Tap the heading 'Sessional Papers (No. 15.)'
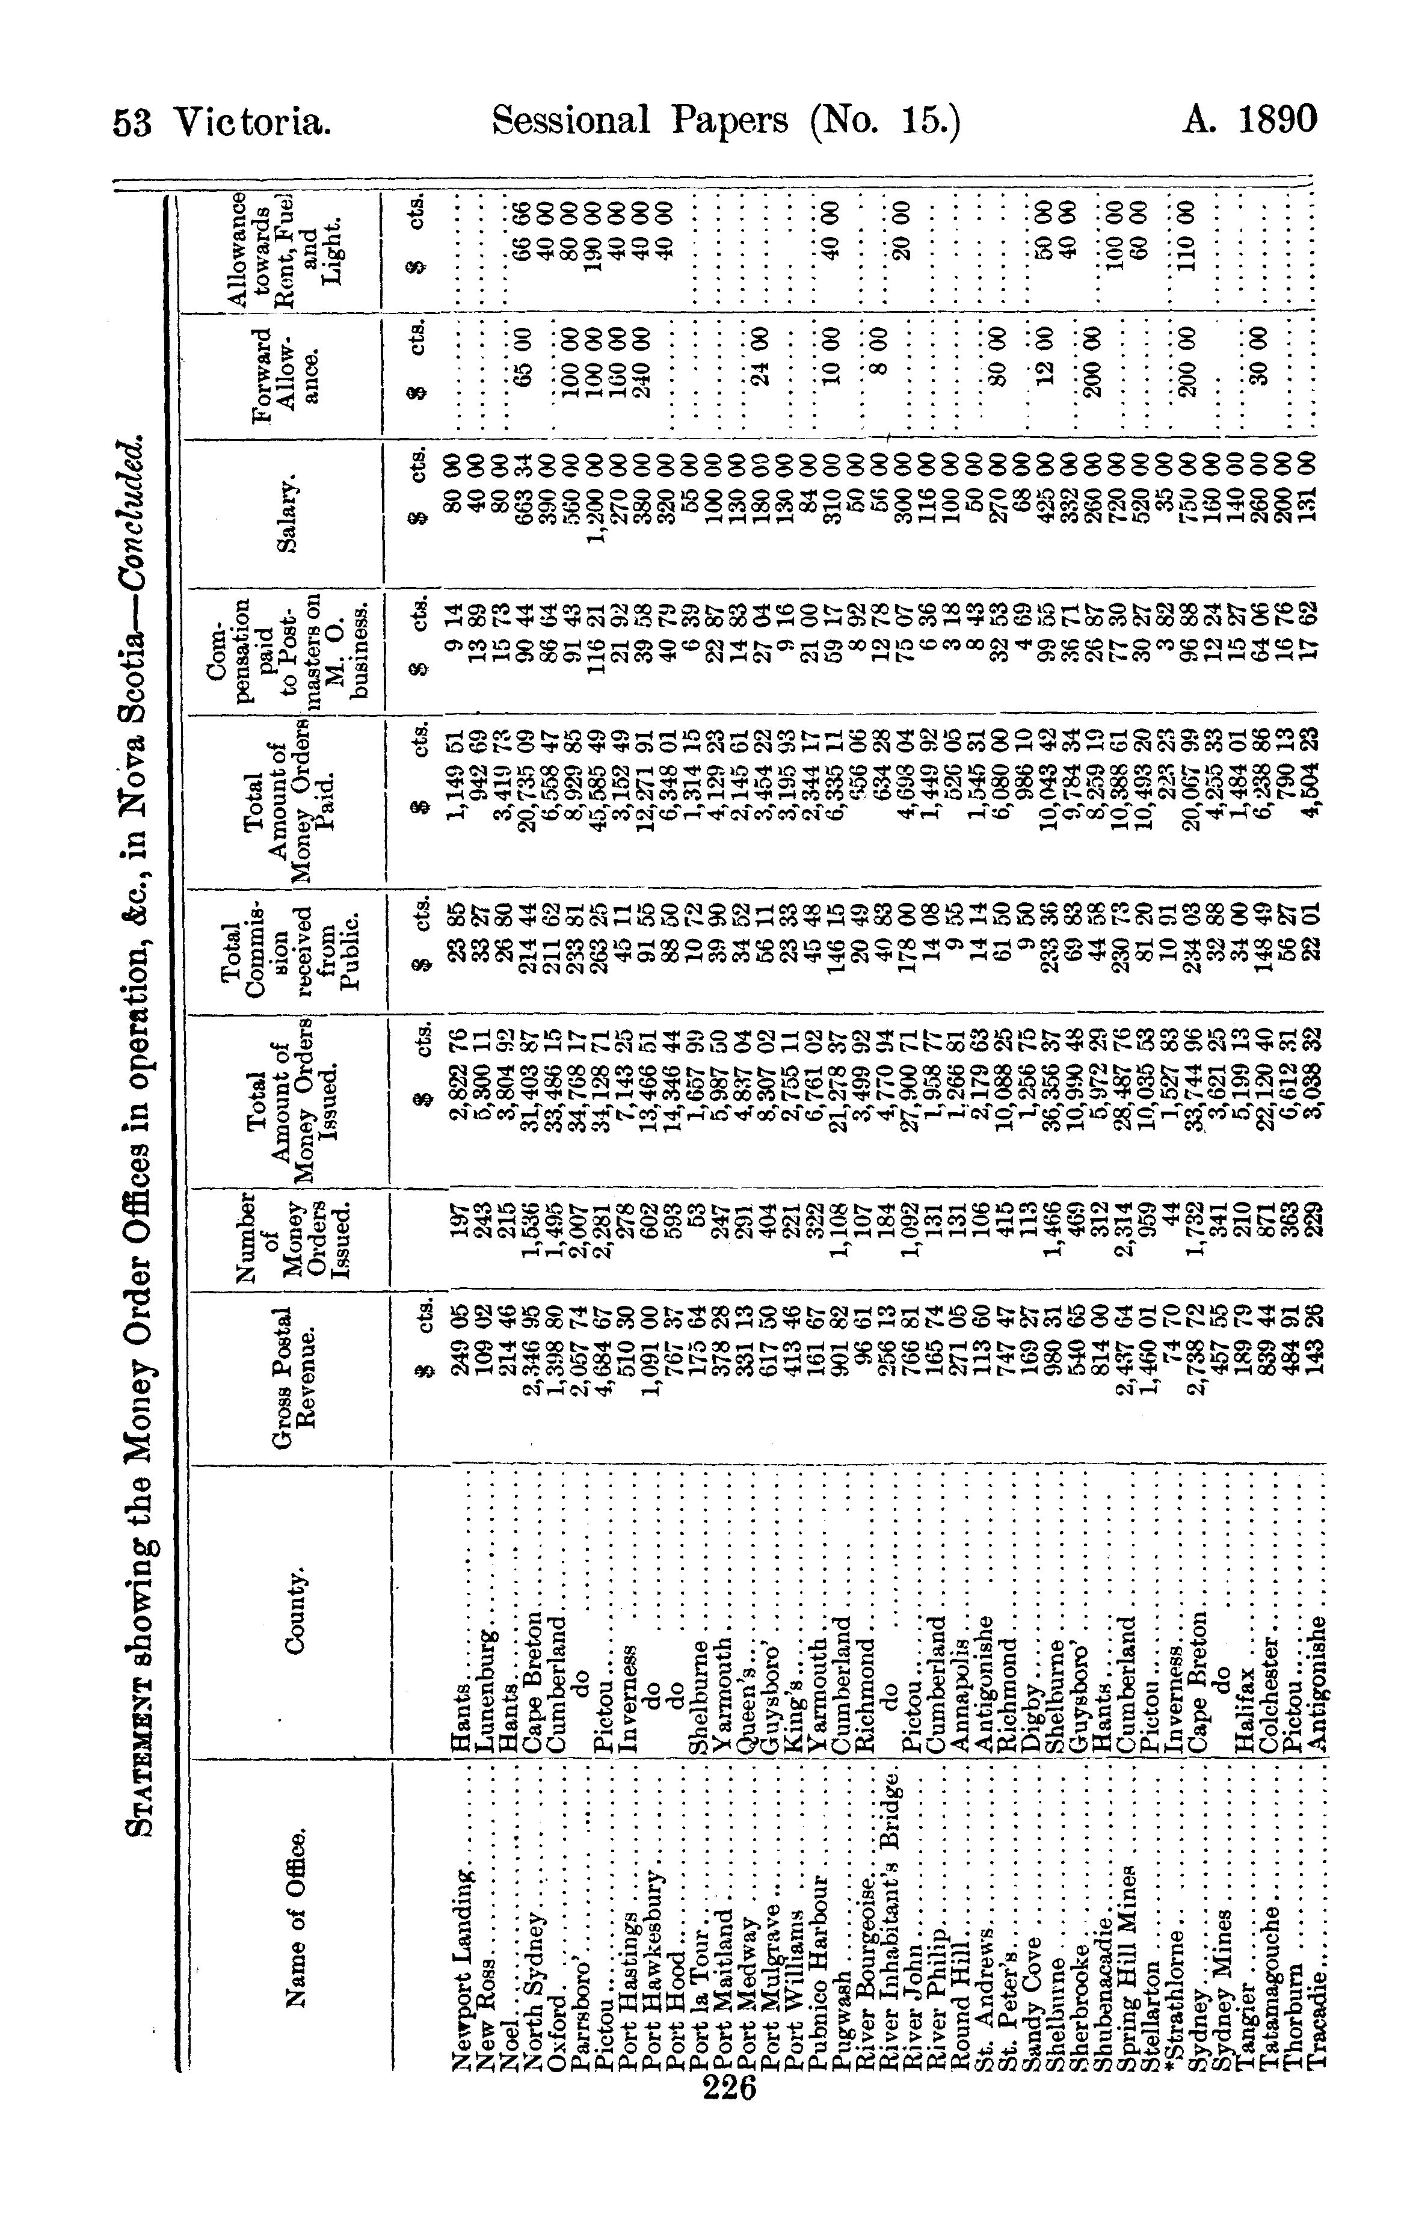coord(727,122)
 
